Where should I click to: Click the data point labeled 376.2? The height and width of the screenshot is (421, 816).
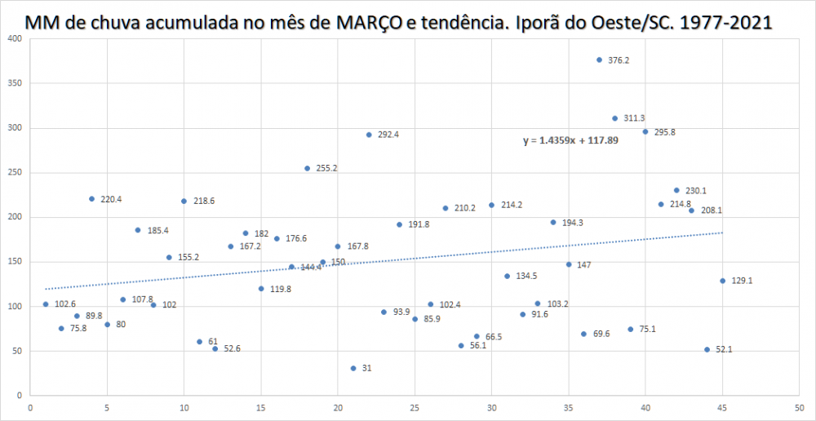(x=599, y=60)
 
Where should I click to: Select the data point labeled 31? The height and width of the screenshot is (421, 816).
(x=353, y=368)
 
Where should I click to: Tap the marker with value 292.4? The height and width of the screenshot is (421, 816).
(x=369, y=135)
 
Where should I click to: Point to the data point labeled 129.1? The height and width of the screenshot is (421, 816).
(x=722, y=281)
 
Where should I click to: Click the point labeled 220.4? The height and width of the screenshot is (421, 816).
(x=91, y=199)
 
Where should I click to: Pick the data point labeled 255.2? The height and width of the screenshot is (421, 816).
(x=308, y=168)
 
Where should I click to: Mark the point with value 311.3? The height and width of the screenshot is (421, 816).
(x=615, y=118)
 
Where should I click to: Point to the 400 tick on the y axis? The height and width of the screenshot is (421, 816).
(x=15, y=38)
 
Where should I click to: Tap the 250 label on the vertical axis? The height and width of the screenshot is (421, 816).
(x=15, y=172)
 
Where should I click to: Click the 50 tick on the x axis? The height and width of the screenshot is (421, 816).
(x=799, y=409)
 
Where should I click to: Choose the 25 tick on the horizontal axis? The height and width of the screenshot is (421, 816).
(x=415, y=409)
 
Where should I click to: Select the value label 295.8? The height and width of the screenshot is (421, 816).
(x=664, y=132)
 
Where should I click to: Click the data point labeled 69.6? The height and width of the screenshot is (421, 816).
(x=583, y=334)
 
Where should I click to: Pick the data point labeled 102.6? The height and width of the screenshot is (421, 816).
(x=46, y=304)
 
